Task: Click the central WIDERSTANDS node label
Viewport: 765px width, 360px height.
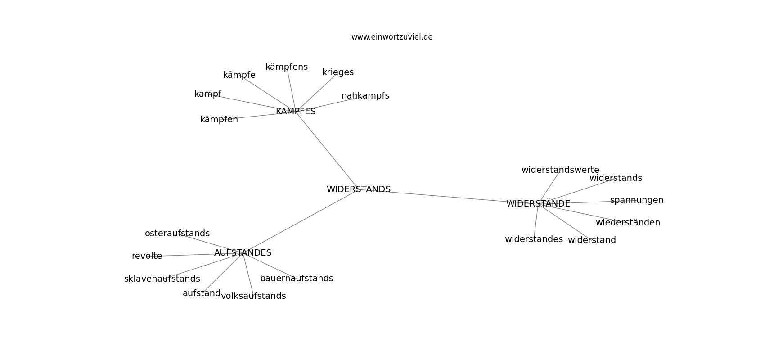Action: (358, 189)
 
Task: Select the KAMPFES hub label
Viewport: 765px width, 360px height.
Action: (296, 111)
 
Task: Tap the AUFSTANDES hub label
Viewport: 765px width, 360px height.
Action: (243, 253)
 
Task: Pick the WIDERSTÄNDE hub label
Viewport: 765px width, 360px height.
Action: (538, 203)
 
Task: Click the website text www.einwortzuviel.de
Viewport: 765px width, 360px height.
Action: (392, 37)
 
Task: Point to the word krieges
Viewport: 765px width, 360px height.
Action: (338, 72)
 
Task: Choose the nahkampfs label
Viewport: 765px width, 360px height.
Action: (365, 96)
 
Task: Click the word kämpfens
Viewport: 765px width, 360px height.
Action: (287, 67)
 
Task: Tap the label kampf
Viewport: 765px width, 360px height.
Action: (207, 94)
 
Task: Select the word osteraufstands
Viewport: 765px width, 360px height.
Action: (177, 233)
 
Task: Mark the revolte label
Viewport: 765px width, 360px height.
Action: (147, 256)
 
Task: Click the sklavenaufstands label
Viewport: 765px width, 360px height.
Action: (162, 279)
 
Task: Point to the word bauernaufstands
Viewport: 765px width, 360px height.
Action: (297, 279)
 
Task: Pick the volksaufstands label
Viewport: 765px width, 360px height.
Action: (253, 296)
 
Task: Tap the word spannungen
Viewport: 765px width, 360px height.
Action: (637, 200)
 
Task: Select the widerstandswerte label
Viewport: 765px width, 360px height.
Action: (560, 170)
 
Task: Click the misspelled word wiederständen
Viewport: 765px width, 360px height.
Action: (628, 223)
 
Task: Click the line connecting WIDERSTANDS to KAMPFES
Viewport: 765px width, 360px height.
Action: (327, 150)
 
